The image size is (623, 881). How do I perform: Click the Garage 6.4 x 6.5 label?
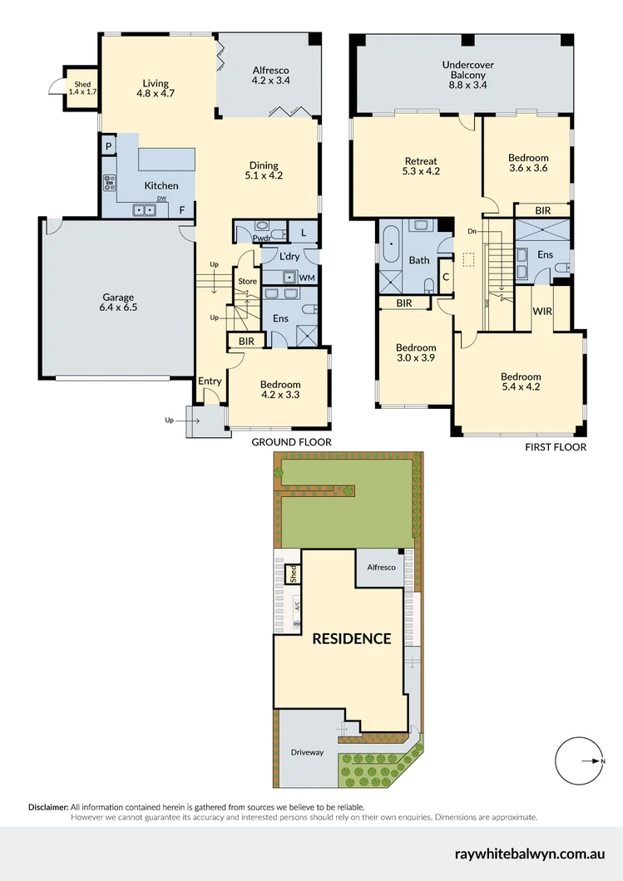click(x=118, y=302)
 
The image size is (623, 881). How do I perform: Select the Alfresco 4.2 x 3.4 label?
click(x=270, y=76)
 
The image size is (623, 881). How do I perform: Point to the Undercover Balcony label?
click(x=464, y=68)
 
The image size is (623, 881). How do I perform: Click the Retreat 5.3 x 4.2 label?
click(x=421, y=166)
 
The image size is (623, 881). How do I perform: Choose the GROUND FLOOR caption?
click(x=291, y=443)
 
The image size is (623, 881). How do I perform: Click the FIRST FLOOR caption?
click(x=555, y=447)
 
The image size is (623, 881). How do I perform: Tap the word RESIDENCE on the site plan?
click(x=351, y=638)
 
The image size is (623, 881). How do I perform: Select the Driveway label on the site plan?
click(x=307, y=753)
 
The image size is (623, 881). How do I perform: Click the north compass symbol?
click(x=579, y=760)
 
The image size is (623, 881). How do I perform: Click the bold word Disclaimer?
click(x=47, y=807)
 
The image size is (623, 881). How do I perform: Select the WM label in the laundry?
click(x=307, y=277)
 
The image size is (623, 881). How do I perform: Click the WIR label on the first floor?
click(x=542, y=312)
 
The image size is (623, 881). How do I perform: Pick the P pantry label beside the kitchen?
click(x=108, y=145)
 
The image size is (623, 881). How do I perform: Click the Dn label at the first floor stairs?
click(x=472, y=230)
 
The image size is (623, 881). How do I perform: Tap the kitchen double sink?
click(x=145, y=210)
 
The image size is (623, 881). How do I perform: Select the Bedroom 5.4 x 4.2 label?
click(x=521, y=381)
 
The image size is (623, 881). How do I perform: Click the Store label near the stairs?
click(x=247, y=280)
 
